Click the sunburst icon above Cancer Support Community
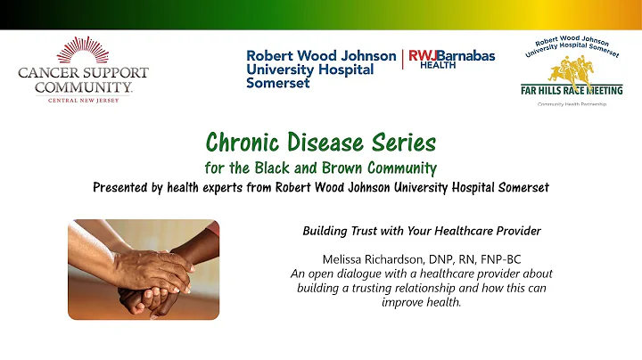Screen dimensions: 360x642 84,51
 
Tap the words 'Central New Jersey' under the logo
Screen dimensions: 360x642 84,100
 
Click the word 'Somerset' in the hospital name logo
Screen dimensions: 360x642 278,83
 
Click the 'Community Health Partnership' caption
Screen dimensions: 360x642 572,104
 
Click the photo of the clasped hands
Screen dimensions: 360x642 144,269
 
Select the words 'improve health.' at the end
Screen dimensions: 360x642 423,301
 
